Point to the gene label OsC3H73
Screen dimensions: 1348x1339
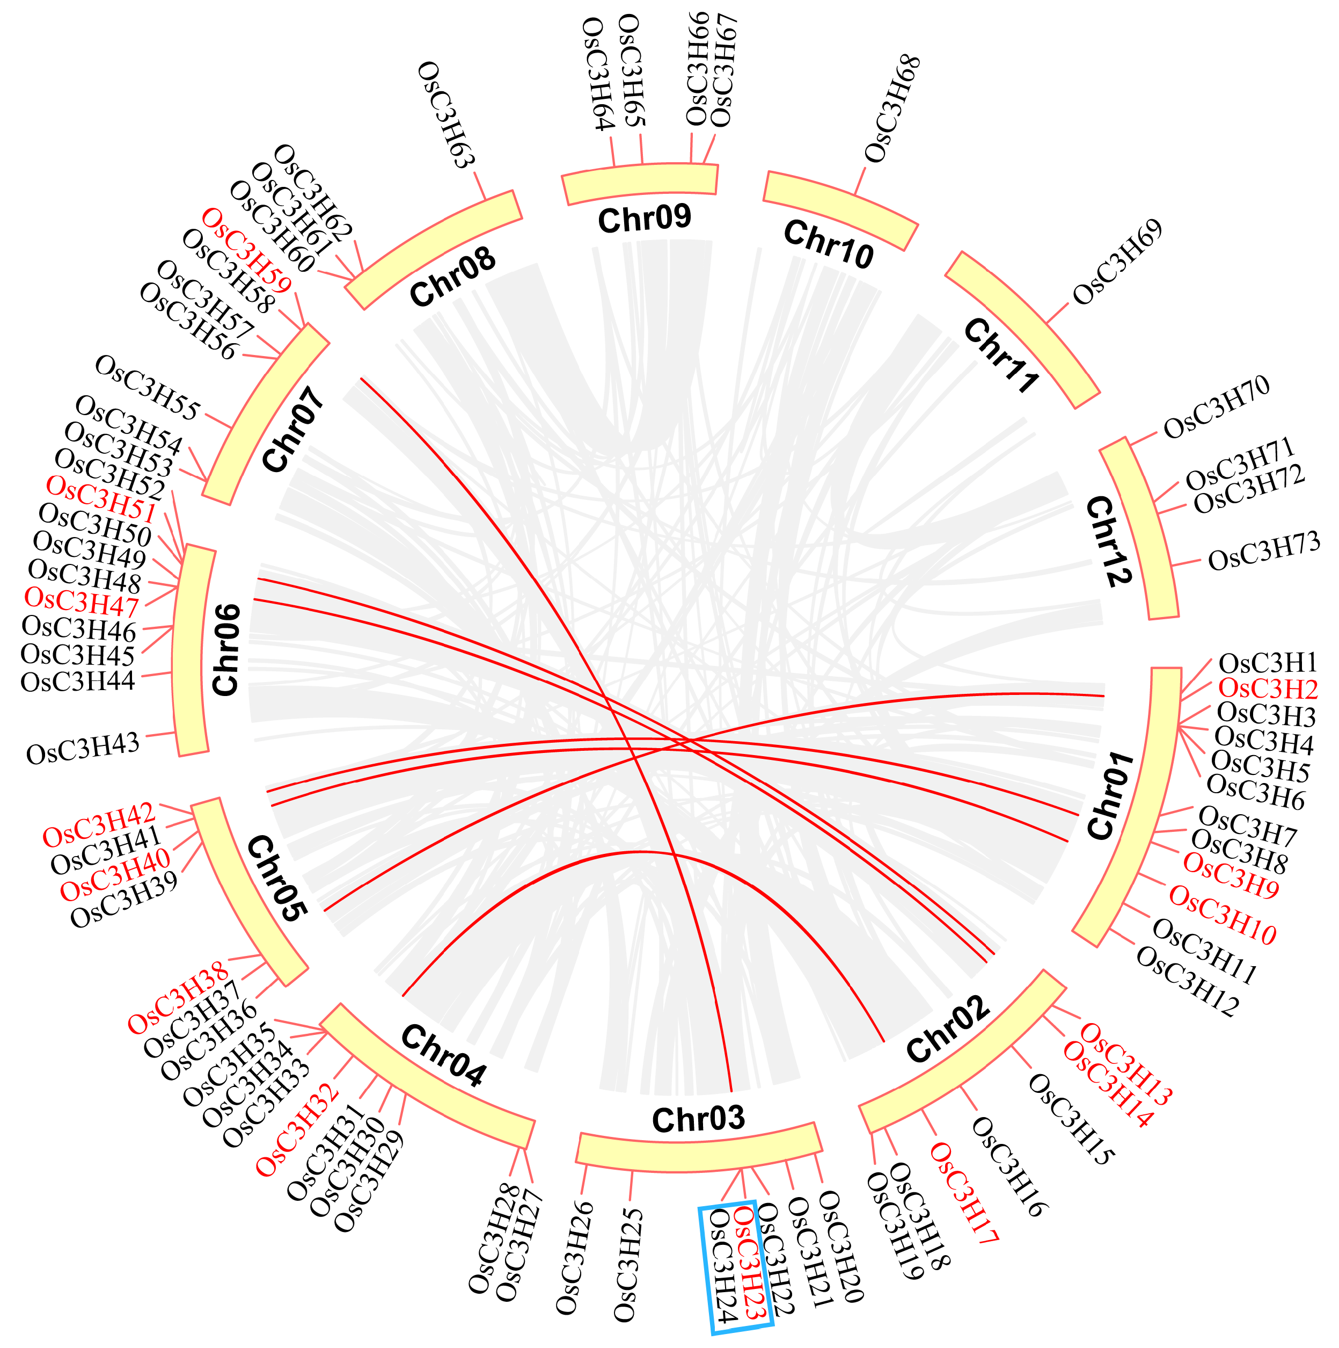pyautogui.click(x=1264, y=551)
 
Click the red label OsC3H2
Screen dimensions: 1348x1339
pyautogui.click(x=1267, y=689)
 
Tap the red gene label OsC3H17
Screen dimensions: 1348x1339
pyautogui.click(x=964, y=1193)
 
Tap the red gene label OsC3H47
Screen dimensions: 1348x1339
pyautogui.click(x=82, y=600)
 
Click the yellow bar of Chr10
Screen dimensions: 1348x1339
pyautogui.click(x=840, y=210)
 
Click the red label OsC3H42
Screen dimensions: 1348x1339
pyautogui.click(x=98, y=824)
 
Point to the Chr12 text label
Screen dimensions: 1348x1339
pyautogui.click(x=1108, y=541)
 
